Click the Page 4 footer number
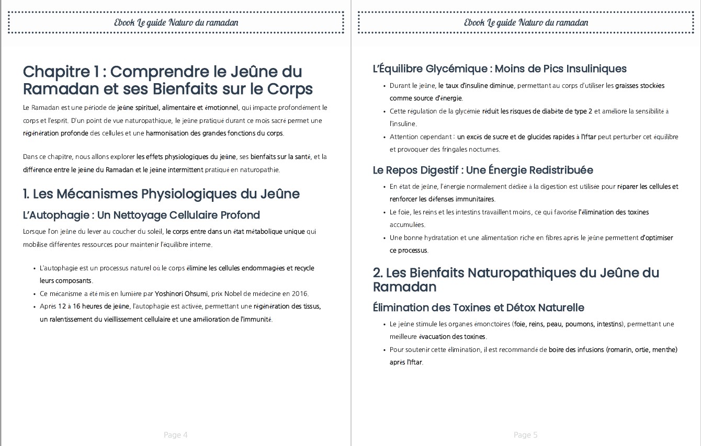click(x=175, y=435)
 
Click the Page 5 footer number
click(x=525, y=435)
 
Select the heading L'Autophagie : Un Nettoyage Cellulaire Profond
click(x=141, y=215)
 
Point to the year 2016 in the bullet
click(x=300, y=293)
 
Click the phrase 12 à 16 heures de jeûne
click(x=94, y=306)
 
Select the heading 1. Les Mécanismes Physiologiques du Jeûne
click(x=161, y=194)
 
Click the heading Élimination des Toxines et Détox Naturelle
click(x=478, y=307)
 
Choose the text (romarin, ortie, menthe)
click(x=641, y=349)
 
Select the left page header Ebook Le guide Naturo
click(x=176, y=22)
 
